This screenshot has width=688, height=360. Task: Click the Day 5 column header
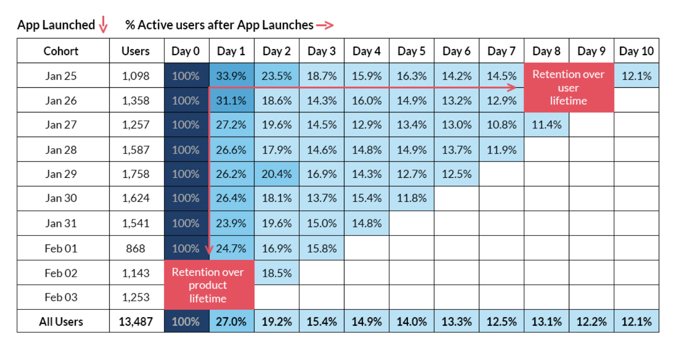coord(411,51)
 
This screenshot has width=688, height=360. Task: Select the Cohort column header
coord(61,51)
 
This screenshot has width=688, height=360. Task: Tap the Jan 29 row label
coord(61,174)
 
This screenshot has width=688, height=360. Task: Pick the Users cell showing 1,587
coord(136,150)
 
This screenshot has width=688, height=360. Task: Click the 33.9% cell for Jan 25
coord(231,76)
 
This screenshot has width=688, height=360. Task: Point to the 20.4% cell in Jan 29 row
coord(276,174)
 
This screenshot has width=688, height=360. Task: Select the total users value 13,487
coord(136,321)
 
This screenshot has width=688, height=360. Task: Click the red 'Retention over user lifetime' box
coord(568,88)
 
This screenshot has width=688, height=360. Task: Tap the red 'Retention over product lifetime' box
coord(208,285)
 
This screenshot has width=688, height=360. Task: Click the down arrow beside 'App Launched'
coord(103,25)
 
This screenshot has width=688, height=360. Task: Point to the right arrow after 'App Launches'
coord(325,26)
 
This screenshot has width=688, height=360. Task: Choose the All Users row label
coord(61,321)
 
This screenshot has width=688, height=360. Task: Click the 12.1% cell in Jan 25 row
coord(636,76)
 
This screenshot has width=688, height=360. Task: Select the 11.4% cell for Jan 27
coord(546,125)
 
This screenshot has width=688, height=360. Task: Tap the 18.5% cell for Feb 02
coord(276,273)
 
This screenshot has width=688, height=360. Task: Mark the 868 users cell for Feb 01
coord(136,248)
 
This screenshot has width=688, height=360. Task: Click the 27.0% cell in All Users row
coord(231,321)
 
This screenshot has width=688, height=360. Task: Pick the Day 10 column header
coord(636,51)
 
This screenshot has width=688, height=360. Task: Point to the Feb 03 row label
coord(61,297)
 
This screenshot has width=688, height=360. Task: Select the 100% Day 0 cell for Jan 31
coord(186,223)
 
